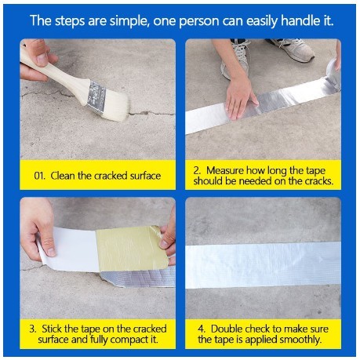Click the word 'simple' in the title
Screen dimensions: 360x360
click(129, 21)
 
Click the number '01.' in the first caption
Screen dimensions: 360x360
click(39, 176)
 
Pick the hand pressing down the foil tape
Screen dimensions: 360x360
click(240, 97)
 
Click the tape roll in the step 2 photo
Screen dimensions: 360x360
click(333, 72)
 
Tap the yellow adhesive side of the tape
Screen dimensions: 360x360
click(132, 249)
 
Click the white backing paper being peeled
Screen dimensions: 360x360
click(71, 249)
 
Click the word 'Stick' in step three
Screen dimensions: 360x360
click(51, 329)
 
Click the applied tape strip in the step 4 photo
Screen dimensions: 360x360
click(263, 264)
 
